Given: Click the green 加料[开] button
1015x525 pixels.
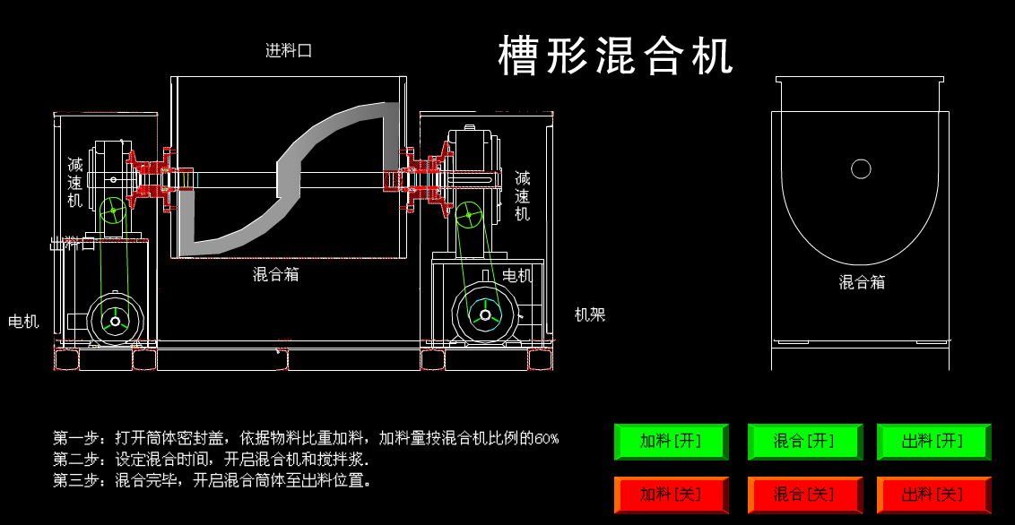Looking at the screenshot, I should (x=671, y=441).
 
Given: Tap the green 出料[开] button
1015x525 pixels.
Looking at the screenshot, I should (x=933, y=441).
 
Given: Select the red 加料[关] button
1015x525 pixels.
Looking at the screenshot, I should (x=671, y=495).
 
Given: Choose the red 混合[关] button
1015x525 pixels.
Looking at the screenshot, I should (x=804, y=495).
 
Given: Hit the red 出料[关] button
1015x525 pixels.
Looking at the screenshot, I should (x=933, y=495).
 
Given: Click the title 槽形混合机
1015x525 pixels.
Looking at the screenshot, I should (x=616, y=56).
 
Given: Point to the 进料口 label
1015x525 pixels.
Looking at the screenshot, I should (x=289, y=51).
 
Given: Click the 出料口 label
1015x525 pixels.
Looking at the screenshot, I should (x=73, y=244).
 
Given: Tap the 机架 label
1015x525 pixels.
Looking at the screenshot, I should (x=590, y=314).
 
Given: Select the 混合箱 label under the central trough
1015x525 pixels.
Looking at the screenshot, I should (x=276, y=274).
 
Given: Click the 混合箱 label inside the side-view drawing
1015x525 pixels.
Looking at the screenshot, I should (x=862, y=282).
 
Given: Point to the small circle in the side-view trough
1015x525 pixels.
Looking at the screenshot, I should (x=861, y=168).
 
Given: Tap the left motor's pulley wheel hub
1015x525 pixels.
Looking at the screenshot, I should (x=116, y=321).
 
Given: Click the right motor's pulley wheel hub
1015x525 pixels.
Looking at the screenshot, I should (x=485, y=314).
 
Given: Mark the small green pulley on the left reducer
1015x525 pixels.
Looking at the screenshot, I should (x=113, y=211).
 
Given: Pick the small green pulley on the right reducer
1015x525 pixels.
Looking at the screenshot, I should (x=467, y=214).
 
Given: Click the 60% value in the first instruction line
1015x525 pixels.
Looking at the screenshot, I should (x=547, y=439).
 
